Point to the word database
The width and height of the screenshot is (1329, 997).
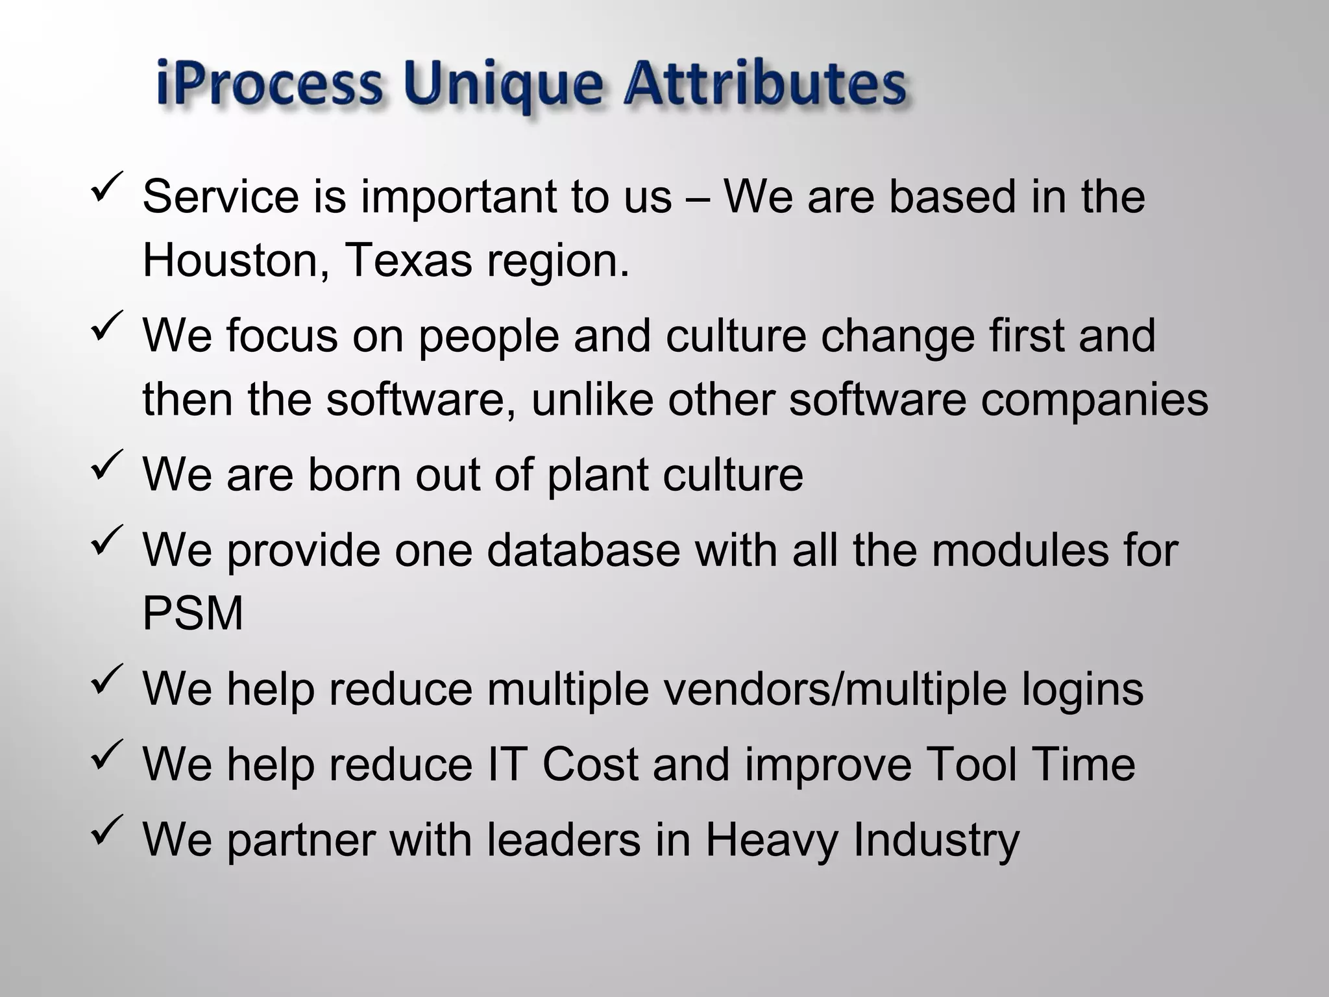click(583, 550)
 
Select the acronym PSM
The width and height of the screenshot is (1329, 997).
click(193, 613)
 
